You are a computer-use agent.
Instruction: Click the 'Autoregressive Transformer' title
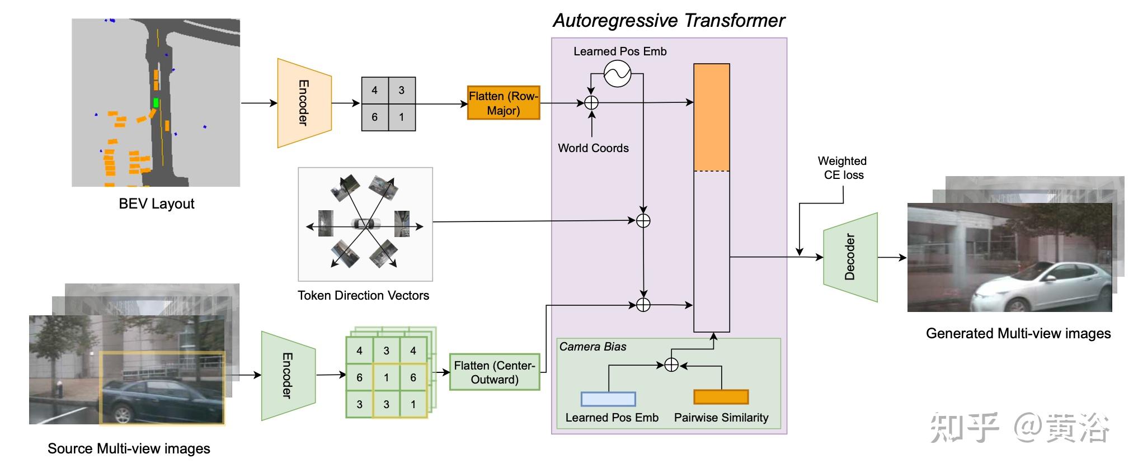click(669, 21)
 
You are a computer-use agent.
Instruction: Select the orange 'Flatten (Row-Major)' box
click(504, 103)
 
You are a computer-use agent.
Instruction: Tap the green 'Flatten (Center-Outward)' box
click(495, 372)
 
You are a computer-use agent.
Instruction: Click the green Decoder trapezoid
click(850, 257)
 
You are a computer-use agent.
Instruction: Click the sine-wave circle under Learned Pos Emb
click(617, 73)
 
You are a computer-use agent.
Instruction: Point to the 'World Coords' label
click(593, 148)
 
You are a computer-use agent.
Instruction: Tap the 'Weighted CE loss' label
click(843, 168)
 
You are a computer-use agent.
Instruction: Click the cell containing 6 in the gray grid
click(375, 117)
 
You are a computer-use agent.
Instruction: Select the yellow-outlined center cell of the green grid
click(386, 377)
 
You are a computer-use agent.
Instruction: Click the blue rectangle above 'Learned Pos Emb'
click(608, 399)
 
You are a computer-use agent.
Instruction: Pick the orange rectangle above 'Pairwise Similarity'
click(721, 397)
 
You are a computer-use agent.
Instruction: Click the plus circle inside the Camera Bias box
click(671, 365)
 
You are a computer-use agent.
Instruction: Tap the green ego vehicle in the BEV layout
click(156, 103)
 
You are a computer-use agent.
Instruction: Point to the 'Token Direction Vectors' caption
click(363, 296)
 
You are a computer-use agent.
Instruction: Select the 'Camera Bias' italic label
click(592, 347)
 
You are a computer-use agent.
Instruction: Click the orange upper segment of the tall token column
click(712, 117)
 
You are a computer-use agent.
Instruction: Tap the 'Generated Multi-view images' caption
click(1018, 334)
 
